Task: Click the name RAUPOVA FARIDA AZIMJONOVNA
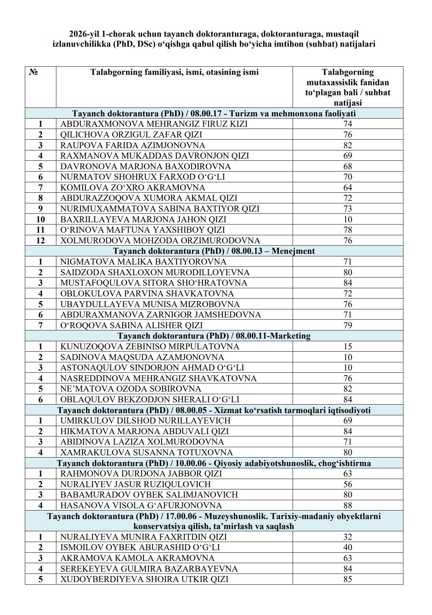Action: tap(133, 145)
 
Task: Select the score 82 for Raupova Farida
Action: tap(347, 145)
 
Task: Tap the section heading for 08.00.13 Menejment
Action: tap(214, 251)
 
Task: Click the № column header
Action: tap(33, 72)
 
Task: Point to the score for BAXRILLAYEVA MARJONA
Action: tap(347, 219)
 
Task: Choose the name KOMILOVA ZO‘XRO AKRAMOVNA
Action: tap(133, 187)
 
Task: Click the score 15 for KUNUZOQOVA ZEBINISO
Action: tap(347, 347)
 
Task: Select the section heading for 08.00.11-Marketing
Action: tap(214, 336)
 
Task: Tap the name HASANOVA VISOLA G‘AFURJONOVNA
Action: tap(141, 505)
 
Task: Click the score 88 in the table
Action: tap(347, 505)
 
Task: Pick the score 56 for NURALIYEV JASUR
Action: tap(347, 484)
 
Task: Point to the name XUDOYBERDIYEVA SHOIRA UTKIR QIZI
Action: tap(144, 579)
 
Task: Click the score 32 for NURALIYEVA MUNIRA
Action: tap(347, 537)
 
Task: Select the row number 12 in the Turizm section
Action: tap(40, 240)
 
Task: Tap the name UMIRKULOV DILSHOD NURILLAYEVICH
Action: tap(145, 421)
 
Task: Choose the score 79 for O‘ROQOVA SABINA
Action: tap(347, 325)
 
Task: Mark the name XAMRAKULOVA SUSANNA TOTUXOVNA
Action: tap(146, 452)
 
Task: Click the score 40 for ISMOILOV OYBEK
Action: tap(347, 548)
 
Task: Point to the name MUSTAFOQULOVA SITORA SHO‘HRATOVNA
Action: tap(154, 283)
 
